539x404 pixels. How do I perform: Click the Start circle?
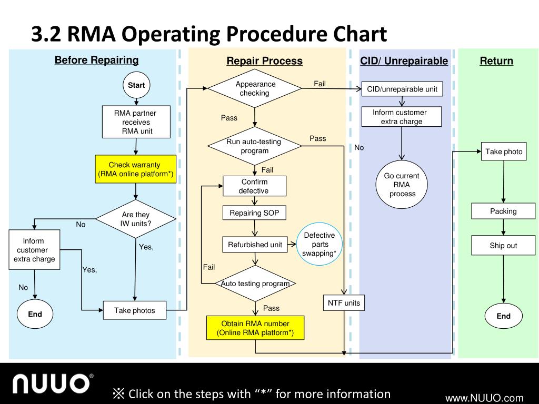[136, 85]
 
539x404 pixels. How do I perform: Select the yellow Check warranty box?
[135, 169]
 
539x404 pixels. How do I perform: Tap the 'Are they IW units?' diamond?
[136, 219]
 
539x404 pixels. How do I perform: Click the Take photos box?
[135, 310]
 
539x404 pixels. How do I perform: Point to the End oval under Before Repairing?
[35, 314]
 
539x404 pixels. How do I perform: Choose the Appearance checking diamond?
[255, 88]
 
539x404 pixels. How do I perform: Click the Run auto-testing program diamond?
[255, 146]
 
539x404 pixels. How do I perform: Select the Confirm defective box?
[254, 186]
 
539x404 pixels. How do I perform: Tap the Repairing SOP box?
[254, 213]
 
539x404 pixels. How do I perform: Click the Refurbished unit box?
[255, 245]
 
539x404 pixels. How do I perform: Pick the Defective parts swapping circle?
[320, 244]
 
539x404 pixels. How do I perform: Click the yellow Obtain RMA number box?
[255, 328]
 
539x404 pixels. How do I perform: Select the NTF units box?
[344, 302]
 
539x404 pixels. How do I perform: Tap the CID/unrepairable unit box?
[402, 89]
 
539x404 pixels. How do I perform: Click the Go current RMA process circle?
[402, 185]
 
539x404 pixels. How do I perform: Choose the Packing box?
[503, 211]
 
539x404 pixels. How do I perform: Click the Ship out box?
[503, 245]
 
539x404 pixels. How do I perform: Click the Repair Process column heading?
[264, 61]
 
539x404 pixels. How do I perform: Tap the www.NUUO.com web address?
[484, 398]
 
